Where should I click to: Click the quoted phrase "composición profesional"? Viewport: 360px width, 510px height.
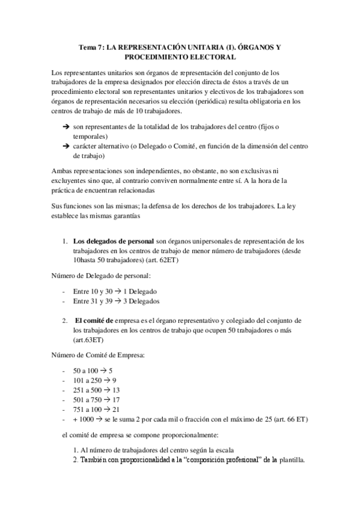coord(227,460)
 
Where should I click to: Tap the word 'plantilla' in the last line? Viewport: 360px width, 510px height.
coord(291,460)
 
